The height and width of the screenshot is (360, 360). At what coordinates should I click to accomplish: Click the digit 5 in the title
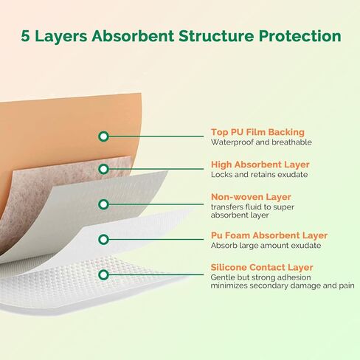click(26, 36)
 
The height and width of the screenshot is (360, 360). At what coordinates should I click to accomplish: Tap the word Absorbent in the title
click(133, 36)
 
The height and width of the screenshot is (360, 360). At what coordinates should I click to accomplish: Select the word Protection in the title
click(300, 36)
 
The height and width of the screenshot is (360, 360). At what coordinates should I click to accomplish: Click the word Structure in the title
click(216, 36)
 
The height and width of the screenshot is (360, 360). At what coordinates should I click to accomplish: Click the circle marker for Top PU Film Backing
click(103, 136)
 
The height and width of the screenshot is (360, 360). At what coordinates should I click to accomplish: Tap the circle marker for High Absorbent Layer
click(103, 169)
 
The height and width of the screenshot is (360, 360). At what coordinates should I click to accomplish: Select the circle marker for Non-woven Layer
click(103, 204)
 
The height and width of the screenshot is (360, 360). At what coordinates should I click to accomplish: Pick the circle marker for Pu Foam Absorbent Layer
click(103, 239)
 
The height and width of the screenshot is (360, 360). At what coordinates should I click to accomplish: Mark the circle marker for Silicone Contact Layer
click(103, 274)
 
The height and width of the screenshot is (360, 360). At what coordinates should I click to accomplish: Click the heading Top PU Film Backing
click(257, 132)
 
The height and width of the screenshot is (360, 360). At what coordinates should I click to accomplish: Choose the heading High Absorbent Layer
click(260, 165)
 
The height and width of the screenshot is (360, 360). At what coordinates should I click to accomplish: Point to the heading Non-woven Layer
click(251, 197)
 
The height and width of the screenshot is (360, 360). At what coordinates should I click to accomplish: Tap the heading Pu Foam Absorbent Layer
click(269, 235)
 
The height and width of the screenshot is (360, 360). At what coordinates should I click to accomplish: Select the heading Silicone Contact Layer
click(262, 267)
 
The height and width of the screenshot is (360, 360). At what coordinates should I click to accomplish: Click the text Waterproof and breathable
click(261, 142)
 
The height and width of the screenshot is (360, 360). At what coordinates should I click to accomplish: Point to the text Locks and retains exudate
click(260, 175)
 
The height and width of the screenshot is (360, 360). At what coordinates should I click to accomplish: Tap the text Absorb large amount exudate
click(266, 246)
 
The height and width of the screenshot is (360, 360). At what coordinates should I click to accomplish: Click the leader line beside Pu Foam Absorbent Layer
click(156, 239)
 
